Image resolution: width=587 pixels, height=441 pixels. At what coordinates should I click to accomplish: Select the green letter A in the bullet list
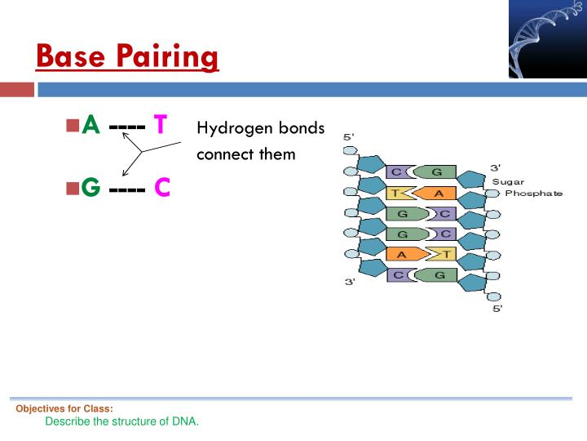tap(91, 125)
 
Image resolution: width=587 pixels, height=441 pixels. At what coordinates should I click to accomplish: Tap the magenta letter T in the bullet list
tap(161, 125)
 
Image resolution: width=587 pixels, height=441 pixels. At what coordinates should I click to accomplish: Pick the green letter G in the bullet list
tap(91, 188)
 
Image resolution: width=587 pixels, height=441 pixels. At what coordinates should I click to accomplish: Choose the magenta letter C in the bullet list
tap(162, 188)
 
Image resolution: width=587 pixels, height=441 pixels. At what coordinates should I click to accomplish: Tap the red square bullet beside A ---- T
tap(72, 125)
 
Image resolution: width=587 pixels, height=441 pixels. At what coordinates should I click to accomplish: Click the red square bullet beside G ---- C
tap(72, 188)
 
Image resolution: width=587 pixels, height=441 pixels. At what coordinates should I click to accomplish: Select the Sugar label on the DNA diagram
tap(508, 181)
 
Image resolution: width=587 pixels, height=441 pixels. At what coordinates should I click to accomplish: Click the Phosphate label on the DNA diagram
tap(534, 194)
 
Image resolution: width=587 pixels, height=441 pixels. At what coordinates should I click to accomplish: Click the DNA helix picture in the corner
tap(547, 40)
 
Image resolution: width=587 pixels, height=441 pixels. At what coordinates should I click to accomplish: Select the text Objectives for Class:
tap(64, 408)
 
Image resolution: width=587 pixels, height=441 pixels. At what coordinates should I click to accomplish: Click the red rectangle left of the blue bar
tap(16, 89)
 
